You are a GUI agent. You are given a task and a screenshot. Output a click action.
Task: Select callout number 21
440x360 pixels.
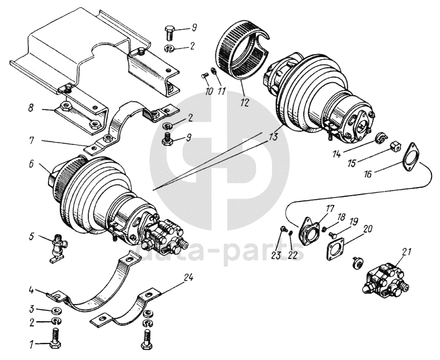[x=405, y=251]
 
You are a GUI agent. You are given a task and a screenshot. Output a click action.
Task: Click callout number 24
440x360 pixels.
[x=189, y=278]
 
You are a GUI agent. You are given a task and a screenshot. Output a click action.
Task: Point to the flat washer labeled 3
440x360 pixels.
[x=56, y=310]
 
